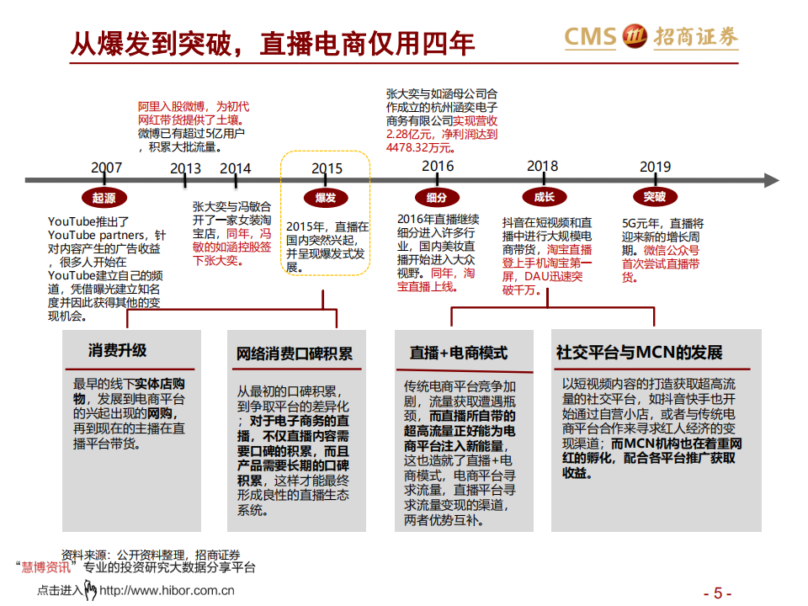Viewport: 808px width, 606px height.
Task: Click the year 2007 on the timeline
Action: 107,167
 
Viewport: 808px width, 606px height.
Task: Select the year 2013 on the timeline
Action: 185,167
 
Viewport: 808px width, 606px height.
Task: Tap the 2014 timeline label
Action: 235,167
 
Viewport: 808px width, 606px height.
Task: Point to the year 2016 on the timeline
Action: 438,166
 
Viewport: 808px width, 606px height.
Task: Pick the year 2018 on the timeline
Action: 542,166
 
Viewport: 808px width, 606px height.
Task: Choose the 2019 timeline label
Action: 655,167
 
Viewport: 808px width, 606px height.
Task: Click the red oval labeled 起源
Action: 104,198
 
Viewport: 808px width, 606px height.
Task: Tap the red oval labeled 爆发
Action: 326,198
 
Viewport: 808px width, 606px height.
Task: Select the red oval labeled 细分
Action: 436,198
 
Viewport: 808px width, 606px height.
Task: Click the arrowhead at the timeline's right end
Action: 770,179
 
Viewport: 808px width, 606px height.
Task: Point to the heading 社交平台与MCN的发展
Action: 639,353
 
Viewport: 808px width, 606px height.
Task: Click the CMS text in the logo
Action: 592,36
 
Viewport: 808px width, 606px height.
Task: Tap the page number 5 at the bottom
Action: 718,592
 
